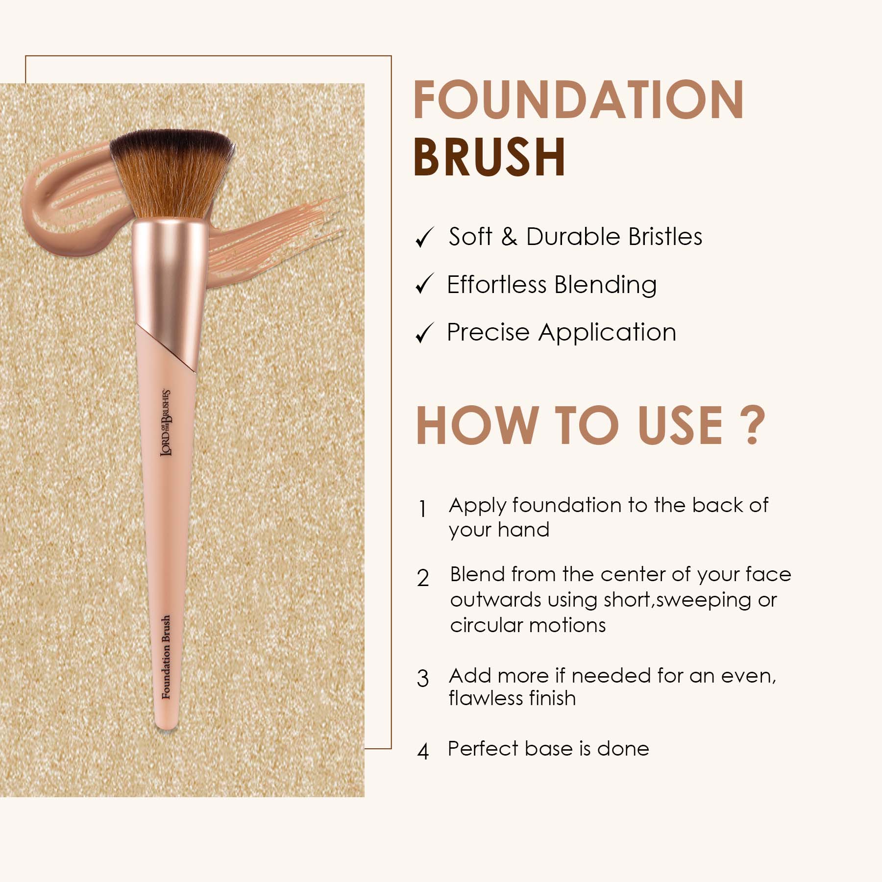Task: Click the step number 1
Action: [x=422, y=509]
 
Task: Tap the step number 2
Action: [x=423, y=578]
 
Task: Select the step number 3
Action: [x=423, y=678]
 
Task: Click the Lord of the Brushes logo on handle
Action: [x=166, y=423]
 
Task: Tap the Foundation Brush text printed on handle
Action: [x=167, y=657]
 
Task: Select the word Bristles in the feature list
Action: [x=665, y=237]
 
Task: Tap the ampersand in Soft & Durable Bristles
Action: [x=509, y=237]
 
